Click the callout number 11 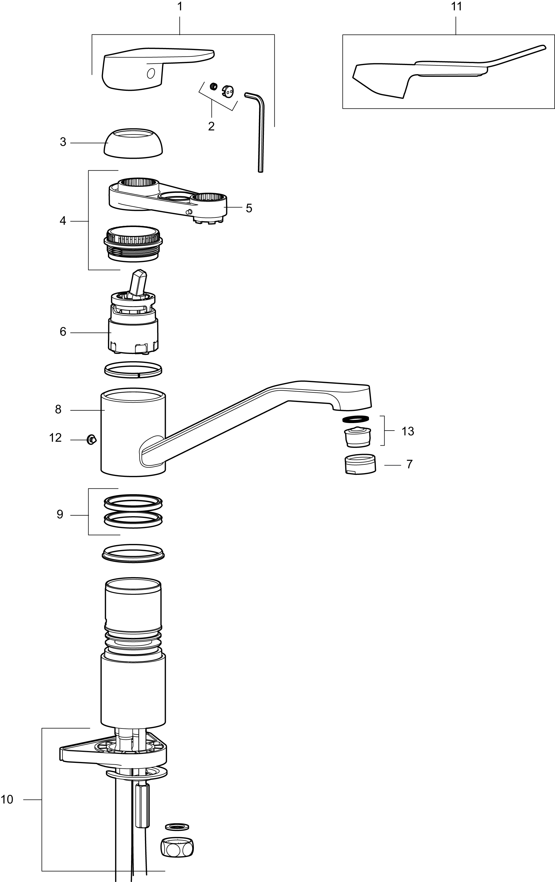pyautogui.click(x=456, y=7)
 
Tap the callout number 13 pyautogui.click(x=408, y=431)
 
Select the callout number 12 pyautogui.click(x=55, y=438)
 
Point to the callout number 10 pyautogui.click(x=7, y=799)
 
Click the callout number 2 pyautogui.click(x=211, y=126)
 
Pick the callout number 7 pyautogui.click(x=409, y=464)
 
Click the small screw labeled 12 pyautogui.click(x=91, y=439)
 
